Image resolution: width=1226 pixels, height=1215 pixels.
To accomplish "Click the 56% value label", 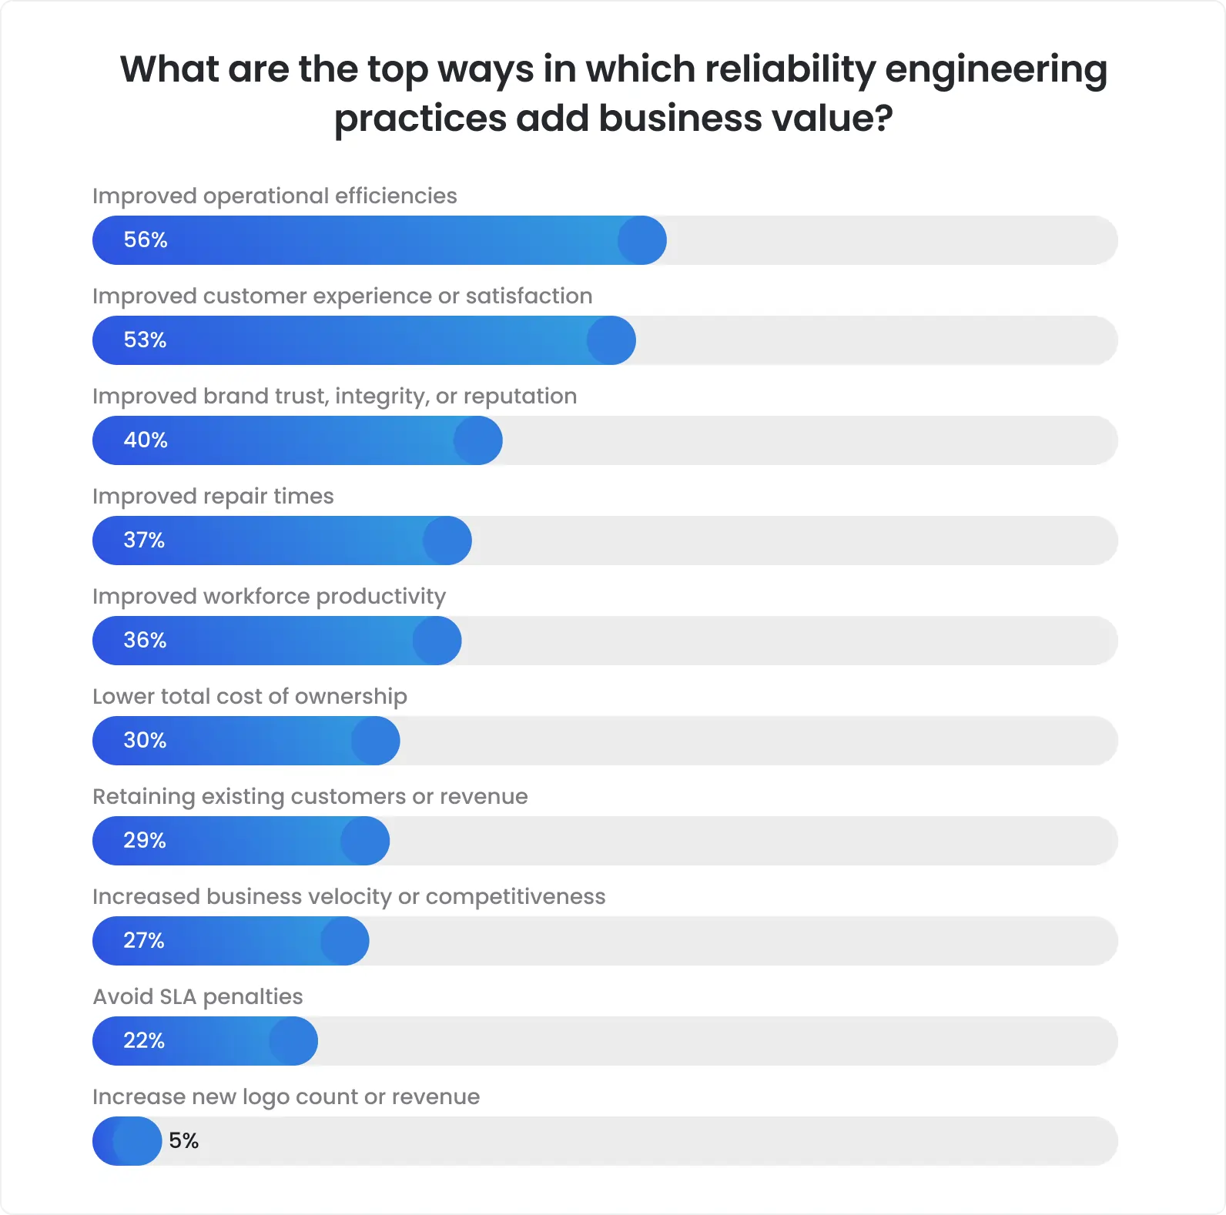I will pyautogui.click(x=146, y=240).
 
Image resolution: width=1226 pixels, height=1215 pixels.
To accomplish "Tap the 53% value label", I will pyautogui.click(x=145, y=340).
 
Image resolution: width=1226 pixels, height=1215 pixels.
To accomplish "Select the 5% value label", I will pyautogui.click(x=183, y=1141).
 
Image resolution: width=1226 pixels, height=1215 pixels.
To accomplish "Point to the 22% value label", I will pyautogui.click(x=144, y=1041).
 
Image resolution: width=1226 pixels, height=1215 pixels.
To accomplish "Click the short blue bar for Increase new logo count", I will pyautogui.click(x=127, y=1141).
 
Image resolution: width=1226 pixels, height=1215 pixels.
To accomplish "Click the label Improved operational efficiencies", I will pyautogui.click(x=274, y=196).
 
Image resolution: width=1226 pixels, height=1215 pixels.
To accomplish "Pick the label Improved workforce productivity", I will pyautogui.click(x=269, y=597).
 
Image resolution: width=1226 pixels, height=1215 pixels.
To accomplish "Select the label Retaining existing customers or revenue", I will pyautogui.click(x=310, y=797).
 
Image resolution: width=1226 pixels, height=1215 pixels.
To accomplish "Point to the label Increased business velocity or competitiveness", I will pyautogui.click(x=349, y=897).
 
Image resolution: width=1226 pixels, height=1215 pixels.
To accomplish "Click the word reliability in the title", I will pyautogui.click(x=790, y=69).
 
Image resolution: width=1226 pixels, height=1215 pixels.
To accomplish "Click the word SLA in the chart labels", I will pyautogui.click(x=178, y=997).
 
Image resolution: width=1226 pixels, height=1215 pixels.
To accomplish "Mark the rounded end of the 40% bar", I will pyautogui.click(x=478, y=440).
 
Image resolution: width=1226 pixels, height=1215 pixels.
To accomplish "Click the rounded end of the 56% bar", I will pyautogui.click(x=642, y=240).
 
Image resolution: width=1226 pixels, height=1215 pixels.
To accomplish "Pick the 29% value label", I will pyautogui.click(x=145, y=841).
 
